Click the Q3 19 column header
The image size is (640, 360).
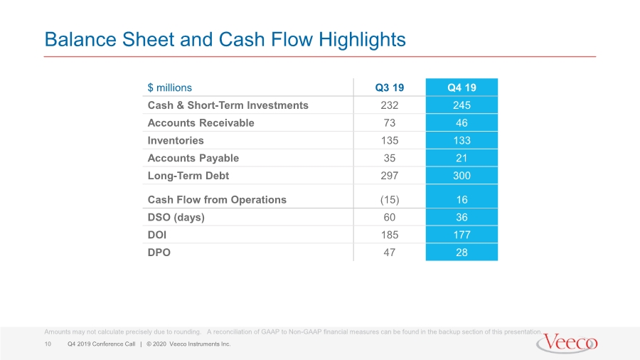click(390, 88)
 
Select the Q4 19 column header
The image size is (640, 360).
click(462, 88)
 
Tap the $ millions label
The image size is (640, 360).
click(169, 88)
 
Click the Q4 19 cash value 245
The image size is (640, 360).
click(462, 105)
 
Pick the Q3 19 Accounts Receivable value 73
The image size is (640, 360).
click(390, 123)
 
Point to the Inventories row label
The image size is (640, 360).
click(176, 140)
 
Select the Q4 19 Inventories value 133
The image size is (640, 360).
click(462, 140)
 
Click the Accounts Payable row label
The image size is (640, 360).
click(193, 158)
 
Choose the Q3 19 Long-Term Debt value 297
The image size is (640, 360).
click(390, 176)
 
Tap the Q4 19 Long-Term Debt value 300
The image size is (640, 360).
click(462, 176)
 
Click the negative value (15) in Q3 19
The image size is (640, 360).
click(390, 200)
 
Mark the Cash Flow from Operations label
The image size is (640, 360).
click(217, 200)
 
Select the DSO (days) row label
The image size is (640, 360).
click(176, 217)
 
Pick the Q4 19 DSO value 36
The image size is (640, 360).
click(462, 217)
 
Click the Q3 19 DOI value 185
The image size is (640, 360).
click(390, 235)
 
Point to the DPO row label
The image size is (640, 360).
click(159, 253)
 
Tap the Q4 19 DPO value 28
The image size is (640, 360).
click(462, 253)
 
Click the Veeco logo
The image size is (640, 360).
click(567, 343)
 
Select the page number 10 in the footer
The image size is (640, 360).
click(48, 344)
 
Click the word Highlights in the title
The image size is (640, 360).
click(362, 40)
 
